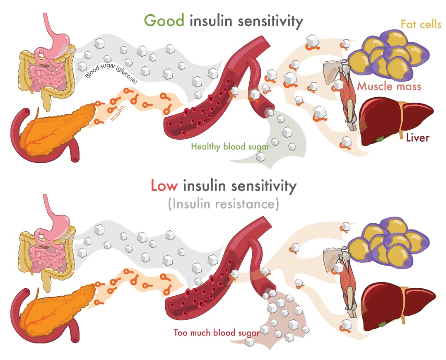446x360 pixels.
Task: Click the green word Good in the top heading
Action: point(164,21)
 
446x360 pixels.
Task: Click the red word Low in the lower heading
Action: point(164,186)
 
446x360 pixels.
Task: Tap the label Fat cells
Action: point(420,24)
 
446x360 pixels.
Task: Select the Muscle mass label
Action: point(389,87)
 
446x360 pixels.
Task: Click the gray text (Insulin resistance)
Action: point(223,204)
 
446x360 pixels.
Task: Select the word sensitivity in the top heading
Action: point(267,21)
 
